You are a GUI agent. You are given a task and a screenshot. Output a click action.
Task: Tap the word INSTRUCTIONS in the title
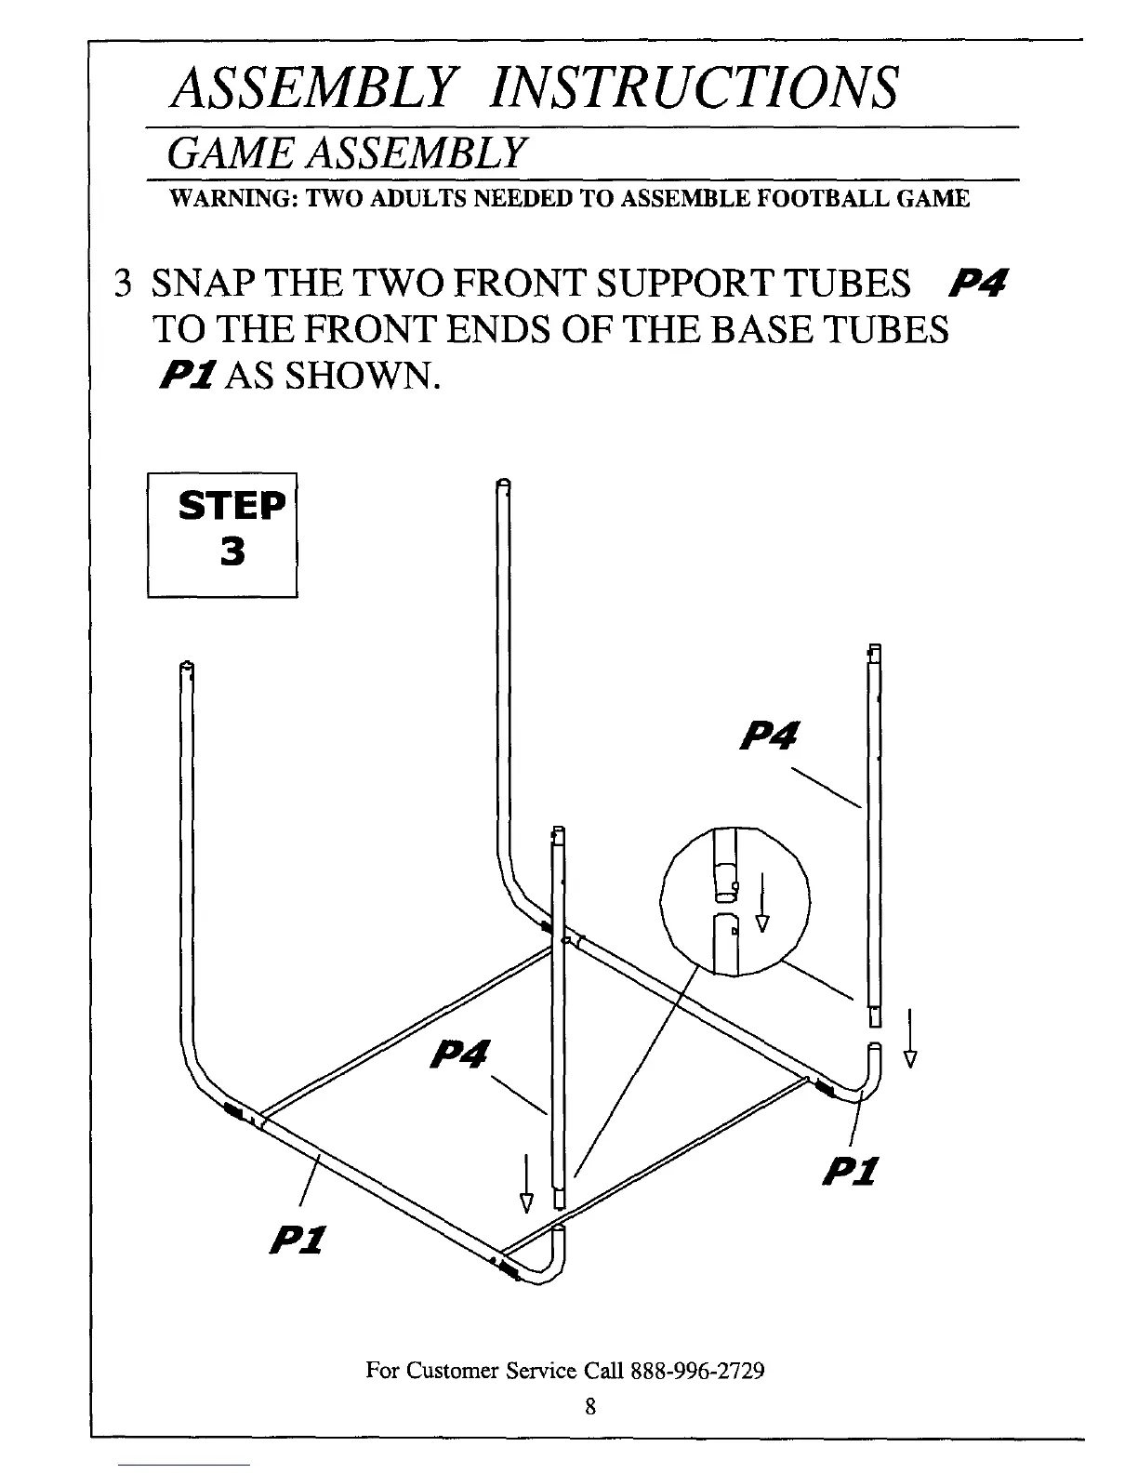pyautogui.click(x=695, y=87)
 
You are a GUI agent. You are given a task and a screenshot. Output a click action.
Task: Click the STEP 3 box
pyautogui.click(x=222, y=534)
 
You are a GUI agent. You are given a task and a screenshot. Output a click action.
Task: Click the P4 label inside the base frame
pyautogui.click(x=461, y=1055)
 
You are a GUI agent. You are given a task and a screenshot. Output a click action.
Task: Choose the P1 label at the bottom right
pyautogui.click(x=851, y=1170)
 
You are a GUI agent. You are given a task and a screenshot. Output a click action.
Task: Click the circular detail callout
pyautogui.click(x=734, y=900)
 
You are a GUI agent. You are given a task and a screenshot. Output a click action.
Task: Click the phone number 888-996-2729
pyautogui.click(x=697, y=1370)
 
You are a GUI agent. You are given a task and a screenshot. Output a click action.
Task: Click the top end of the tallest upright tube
pyautogui.click(x=503, y=484)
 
